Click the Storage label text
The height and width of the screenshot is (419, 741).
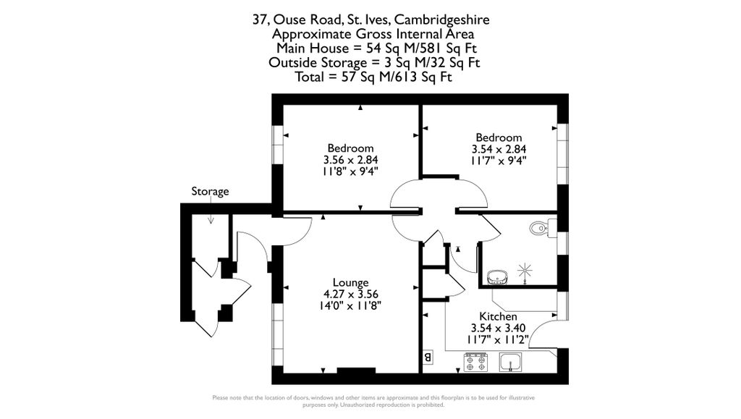click(210, 192)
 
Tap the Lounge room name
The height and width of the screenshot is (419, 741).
click(350, 282)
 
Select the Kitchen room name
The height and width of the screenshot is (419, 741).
click(498, 317)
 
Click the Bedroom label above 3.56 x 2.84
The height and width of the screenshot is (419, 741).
click(350, 148)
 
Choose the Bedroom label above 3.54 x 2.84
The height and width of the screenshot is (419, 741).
click(498, 137)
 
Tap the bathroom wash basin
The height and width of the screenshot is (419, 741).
click(496, 276)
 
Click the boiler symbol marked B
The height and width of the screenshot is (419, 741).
click(427, 357)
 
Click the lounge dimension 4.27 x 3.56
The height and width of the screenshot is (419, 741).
click(350, 294)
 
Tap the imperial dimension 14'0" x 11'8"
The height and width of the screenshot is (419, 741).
click(350, 305)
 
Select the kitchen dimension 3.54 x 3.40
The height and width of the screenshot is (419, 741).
click(498, 328)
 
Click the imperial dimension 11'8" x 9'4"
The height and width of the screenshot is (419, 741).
click(350, 172)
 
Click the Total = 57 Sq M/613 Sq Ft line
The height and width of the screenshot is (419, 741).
click(374, 77)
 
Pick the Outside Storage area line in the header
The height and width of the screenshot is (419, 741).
click(374, 63)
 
